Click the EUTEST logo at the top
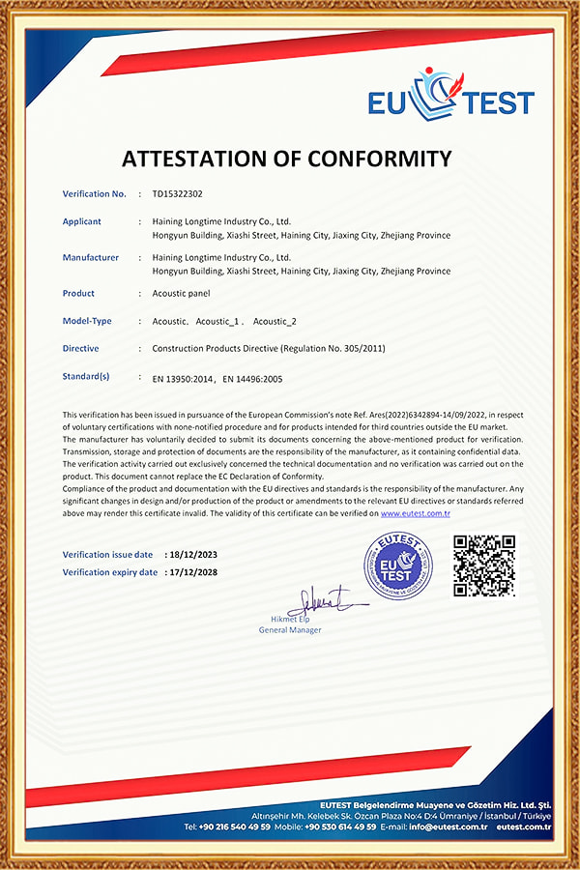tap(450, 97)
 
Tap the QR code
tap(484, 565)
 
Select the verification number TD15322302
tap(177, 194)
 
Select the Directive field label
tap(80, 348)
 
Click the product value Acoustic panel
tap(181, 293)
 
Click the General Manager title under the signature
tap(290, 630)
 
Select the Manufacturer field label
tap(91, 257)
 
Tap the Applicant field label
tap(82, 221)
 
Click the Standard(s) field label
tap(86, 376)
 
